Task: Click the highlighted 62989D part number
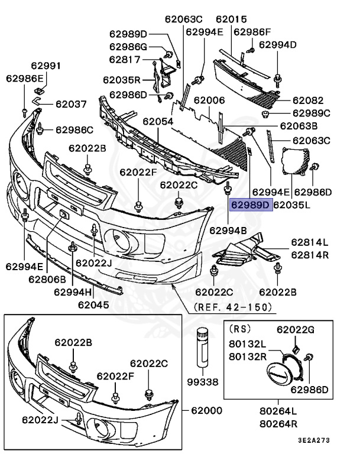pyautogui.click(x=250, y=206)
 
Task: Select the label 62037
pyautogui.click(x=72, y=105)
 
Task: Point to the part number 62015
pyautogui.click(x=231, y=19)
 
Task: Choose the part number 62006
pyautogui.click(x=209, y=101)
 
